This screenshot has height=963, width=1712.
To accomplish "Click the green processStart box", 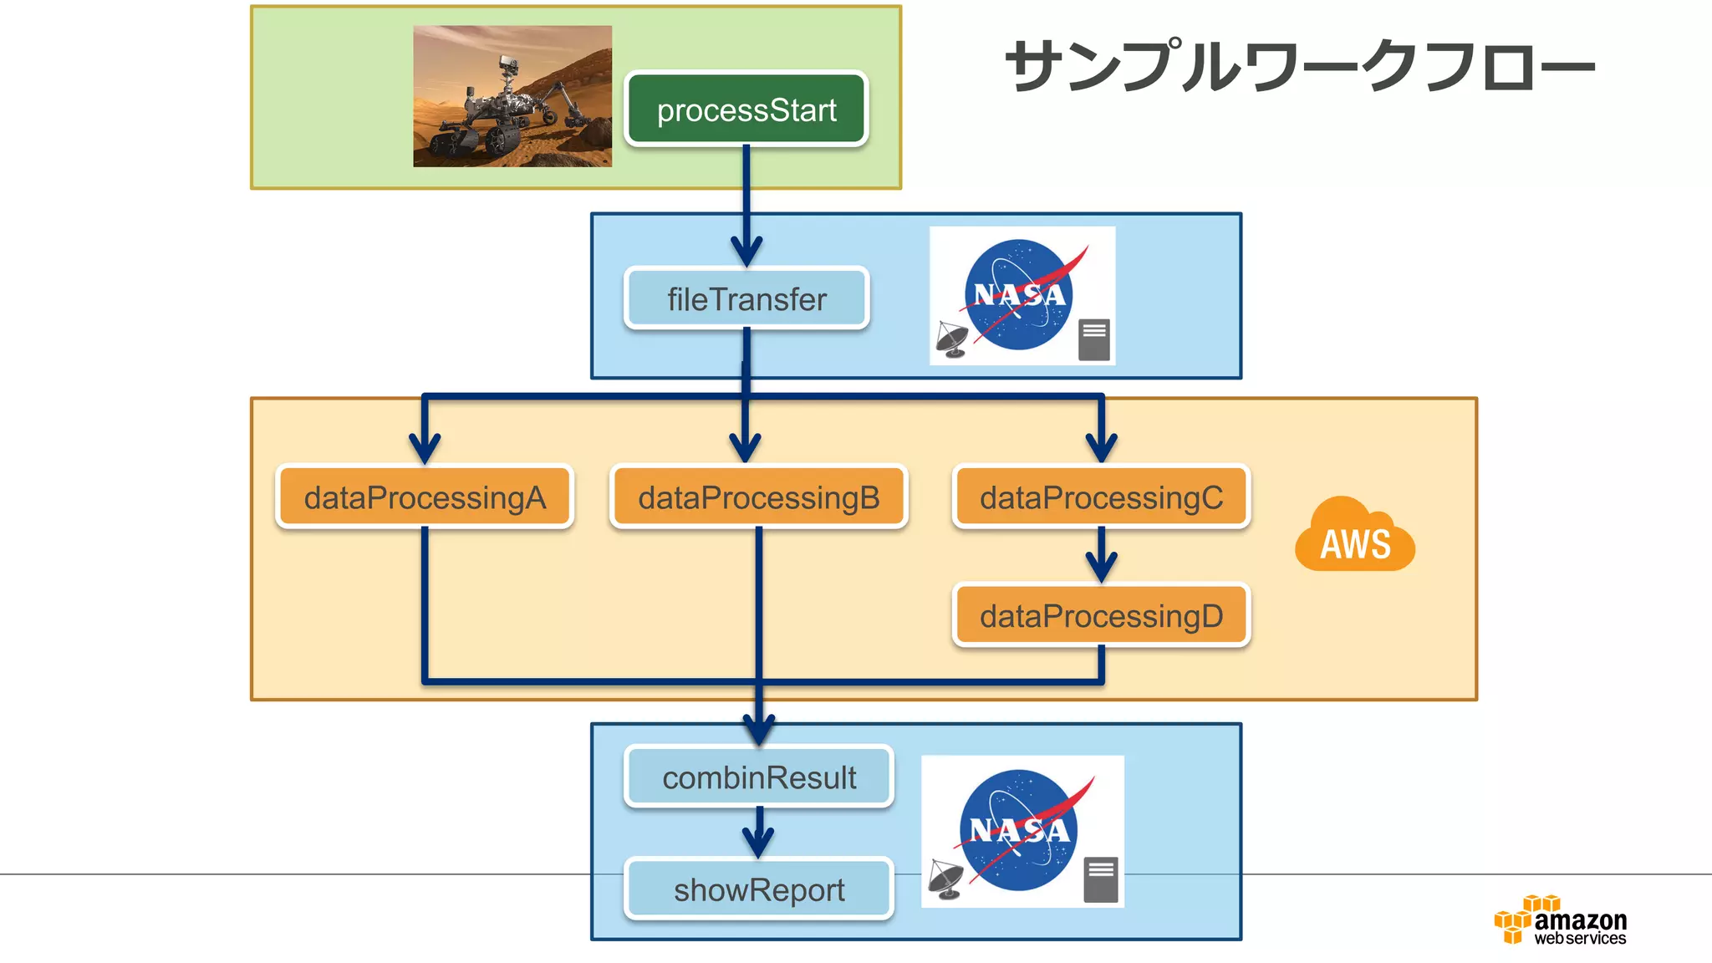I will point(746,110).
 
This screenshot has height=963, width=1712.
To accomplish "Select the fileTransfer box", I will point(746,298).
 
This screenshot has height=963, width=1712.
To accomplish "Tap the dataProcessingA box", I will point(425,497).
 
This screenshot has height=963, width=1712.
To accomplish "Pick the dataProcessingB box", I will point(758,497).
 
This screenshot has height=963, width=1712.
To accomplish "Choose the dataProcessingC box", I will point(1101,497).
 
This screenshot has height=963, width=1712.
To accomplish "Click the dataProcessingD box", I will point(1101,616).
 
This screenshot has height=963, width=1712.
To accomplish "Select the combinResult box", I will point(758,777).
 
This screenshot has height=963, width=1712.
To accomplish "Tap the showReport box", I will point(758,890).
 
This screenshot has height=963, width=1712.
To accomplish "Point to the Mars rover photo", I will point(512,96).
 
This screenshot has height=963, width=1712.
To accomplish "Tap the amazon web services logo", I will point(1561,921).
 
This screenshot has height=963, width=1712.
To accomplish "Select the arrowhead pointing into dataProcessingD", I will point(1101,568).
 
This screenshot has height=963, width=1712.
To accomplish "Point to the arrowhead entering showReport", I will point(758,843).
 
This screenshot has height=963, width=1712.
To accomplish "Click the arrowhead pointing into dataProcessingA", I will point(425,448).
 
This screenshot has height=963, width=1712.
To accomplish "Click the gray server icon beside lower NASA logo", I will point(1100,879).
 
